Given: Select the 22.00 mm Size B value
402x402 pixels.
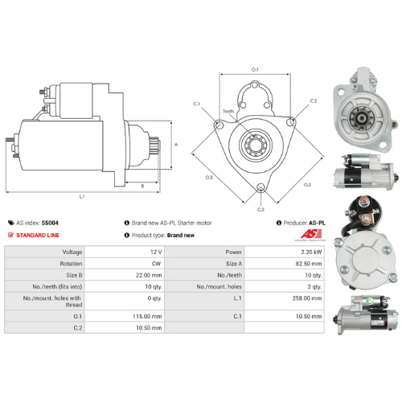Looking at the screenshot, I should click(152, 273).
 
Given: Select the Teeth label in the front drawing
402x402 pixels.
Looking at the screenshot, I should click(228, 112).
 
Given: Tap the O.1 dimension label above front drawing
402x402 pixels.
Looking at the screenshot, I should click(254, 70).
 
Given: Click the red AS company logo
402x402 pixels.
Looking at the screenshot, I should click(312, 234).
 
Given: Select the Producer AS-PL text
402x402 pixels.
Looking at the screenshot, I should click(302, 223).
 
